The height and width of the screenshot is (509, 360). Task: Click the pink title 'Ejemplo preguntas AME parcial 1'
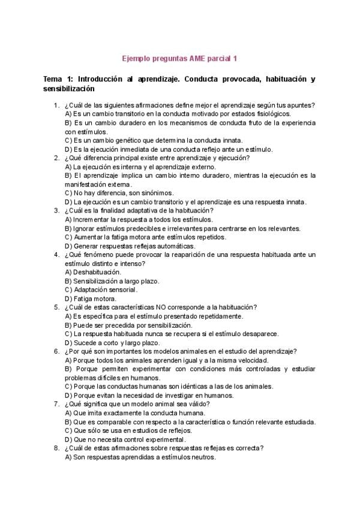180,58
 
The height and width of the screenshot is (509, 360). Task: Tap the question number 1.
55,105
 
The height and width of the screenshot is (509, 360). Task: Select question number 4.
55,254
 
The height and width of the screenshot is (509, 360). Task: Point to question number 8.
55,448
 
